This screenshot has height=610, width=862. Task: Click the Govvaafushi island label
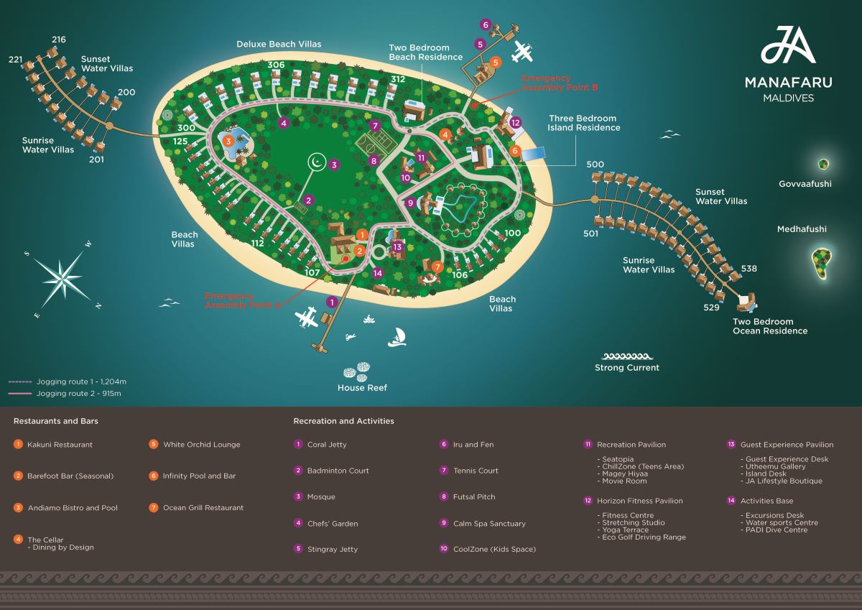click(x=805, y=184)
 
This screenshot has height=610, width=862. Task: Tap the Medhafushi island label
click(x=802, y=229)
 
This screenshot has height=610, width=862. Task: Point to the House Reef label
click(x=362, y=387)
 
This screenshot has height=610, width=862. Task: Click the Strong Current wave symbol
click(x=627, y=356)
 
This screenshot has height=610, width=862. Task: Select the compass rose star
click(x=62, y=277)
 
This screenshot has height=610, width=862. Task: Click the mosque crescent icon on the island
click(x=317, y=162)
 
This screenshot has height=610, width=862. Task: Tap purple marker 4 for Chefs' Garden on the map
click(x=284, y=123)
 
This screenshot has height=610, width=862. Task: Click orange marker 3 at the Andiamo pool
click(x=228, y=142)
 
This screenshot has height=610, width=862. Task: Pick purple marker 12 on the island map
click(x=515, y=122)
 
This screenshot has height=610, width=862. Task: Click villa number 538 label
click(x=749, y=268)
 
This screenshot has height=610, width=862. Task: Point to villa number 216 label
click(x=59, y=40)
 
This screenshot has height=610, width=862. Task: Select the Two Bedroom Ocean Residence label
click(x=770, y=326)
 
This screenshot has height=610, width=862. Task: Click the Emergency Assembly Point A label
click(x=243, y=300)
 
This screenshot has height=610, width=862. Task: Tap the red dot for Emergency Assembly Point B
click(x=474, y=105)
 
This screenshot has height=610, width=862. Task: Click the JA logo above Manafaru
click(x=788, y=45)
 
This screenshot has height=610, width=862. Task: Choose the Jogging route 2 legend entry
click(x=65, y=393)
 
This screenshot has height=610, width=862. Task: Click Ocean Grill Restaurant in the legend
click(x=203, y=508)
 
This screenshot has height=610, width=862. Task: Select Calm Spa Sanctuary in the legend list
click(x=489, y=523)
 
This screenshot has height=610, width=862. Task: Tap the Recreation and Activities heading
click(x=343, y=421)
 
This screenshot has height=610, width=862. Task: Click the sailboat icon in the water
click(x=397, y=338)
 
